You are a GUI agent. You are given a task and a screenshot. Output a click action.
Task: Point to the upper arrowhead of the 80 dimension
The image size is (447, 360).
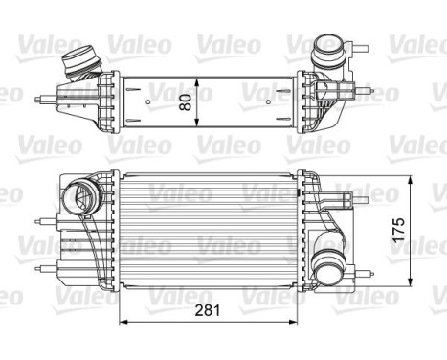(x=196, y=75)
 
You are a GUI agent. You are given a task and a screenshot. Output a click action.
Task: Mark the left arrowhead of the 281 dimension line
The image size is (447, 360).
(x=122, y=321)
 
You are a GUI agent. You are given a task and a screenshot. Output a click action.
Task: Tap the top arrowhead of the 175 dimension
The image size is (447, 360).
(x=413, y=179)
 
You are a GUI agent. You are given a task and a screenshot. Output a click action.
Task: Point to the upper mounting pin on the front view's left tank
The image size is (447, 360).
(x=44, y=219)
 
